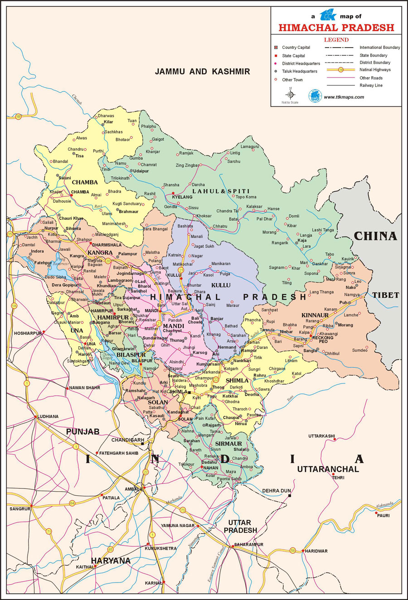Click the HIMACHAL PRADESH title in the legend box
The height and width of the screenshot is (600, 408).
click(336, 28)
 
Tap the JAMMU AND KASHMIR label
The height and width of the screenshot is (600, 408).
click(202, 72)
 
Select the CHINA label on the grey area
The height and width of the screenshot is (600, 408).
click(375, 236)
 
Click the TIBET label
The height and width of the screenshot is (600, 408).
click(386, 295)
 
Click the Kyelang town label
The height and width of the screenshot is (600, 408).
click(182, 197)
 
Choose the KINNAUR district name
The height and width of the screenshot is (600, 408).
click(315, 315)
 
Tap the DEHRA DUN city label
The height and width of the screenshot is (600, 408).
click(277, 491)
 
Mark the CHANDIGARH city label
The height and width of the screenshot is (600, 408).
click(128, 440)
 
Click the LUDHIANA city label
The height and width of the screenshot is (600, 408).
click(48, 416)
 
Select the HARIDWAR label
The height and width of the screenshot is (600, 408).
click(316, 551)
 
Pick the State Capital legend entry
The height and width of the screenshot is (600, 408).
click(293, 56)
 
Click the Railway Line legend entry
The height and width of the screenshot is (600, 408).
click(371, 85)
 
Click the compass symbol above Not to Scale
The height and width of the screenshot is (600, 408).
click(291, 95)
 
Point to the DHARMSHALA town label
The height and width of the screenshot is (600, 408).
click(107, 245)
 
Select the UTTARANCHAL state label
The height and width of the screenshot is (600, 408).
click(328, 469)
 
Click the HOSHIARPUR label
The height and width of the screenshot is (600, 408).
click(28, 333)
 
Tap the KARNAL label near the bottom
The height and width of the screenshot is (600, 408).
click(153, 583)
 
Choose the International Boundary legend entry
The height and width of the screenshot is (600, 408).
click(379, 48)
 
